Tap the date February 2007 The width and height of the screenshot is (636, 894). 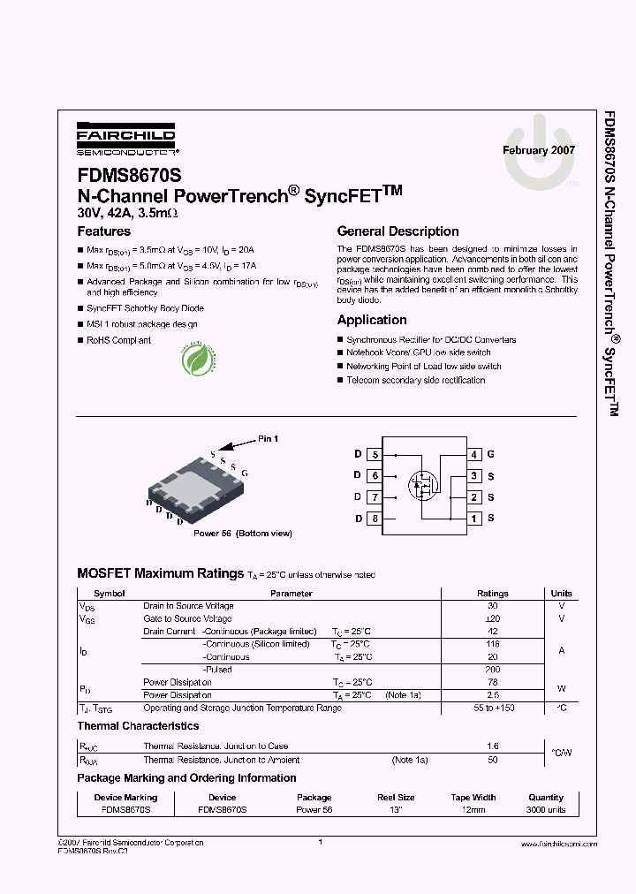(538, 150)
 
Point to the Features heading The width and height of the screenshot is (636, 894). (104, 231)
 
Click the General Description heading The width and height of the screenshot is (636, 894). (397, 231)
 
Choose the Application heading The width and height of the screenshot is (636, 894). (372, 320)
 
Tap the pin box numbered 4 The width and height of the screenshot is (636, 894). (474, 455)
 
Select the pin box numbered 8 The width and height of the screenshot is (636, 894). (375, 519)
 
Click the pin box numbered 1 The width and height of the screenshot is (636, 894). (474, 519)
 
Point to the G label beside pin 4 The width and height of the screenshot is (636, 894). (490, 455)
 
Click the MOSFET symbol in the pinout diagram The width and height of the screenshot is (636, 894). (422, 484)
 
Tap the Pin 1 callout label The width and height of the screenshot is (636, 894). (268, 439)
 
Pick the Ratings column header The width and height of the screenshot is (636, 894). (492, 594)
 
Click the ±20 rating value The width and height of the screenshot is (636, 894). (492, 618)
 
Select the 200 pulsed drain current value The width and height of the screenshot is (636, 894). (492, 670)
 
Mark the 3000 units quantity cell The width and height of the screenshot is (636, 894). (546, 809)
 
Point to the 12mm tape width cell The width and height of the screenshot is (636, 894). (473, 809)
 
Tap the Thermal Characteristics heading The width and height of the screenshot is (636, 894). (138, 726)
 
